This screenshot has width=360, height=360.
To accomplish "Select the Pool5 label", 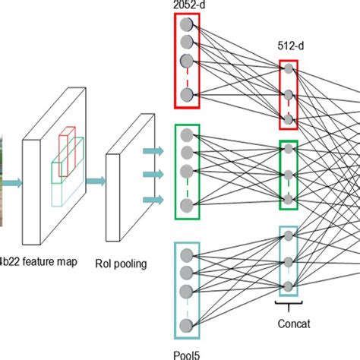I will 187,352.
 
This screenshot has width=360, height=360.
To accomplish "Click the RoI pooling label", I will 122,264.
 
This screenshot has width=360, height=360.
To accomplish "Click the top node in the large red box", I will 187,25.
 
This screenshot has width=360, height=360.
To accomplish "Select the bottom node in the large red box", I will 187,94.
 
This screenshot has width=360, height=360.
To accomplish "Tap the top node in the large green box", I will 187,134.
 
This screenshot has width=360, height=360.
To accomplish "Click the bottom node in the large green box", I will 187,204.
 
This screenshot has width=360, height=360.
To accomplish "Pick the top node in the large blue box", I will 187,255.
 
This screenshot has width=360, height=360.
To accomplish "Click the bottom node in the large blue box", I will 187,326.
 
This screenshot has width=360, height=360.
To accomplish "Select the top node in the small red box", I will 289,69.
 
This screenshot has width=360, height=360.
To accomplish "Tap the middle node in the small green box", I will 289,173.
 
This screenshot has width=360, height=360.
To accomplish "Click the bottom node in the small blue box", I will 289,286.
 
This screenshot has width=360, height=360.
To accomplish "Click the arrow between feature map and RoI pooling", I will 94,181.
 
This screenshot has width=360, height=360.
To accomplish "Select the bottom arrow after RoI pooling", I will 153,201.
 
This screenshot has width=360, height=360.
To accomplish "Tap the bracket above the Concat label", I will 289,306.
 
